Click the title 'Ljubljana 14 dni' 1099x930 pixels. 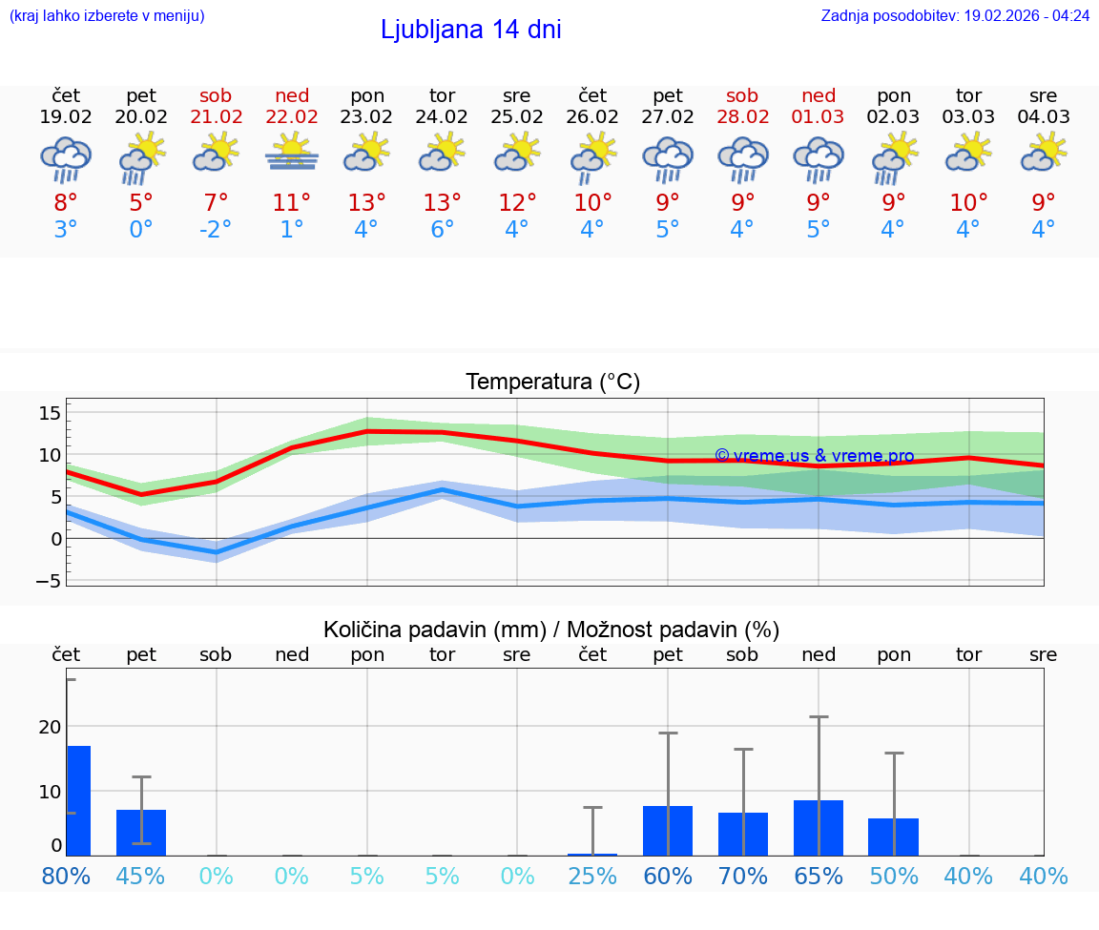[470, 30]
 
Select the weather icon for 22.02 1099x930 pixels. [292, 153]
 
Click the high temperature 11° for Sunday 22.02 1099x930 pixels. [292, 202]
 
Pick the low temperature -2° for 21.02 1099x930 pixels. [216, 230]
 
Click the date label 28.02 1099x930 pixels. [742, 117]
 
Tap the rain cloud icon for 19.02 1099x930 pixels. [66, 158]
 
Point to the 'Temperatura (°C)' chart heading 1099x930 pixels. [552, 382]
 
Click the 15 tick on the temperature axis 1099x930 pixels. [50, 413]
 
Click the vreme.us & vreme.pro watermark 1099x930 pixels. [814, 456]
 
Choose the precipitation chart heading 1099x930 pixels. [551, 630]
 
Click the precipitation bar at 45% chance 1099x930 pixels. [141, 832]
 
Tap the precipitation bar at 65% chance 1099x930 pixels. [819, 827]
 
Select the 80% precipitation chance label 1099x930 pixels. [66, 876]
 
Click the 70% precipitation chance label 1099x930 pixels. [743, 876]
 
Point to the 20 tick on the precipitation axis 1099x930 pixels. [50, 727]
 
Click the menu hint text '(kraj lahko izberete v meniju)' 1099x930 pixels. [107, 16]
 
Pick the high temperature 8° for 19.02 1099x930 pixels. [66, 202]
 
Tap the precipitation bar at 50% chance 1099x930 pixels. [894, 837]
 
